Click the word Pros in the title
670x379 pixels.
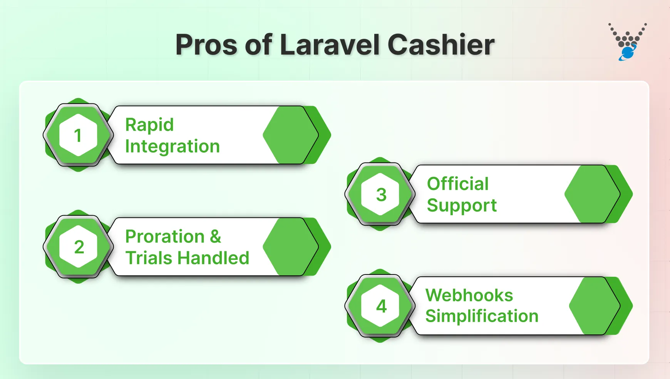tap(206, 45)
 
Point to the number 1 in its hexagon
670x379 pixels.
tap(78, 135)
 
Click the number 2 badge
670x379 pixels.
tap(79, 247)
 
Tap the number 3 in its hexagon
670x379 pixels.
tap(381, 194)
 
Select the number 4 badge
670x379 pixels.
tap(381, 306)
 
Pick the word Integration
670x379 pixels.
tap(172, 146)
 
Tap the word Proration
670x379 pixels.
tap(165, 236)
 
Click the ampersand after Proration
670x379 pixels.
tap(216, 236)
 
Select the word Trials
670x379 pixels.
tap(149, 258)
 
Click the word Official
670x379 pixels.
tap(458, 184)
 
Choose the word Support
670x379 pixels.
tap(462, 206)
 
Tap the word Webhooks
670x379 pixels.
tap(469, 296)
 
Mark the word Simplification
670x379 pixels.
tap(482, 316)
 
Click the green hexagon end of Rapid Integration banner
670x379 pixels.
tap(291, 135)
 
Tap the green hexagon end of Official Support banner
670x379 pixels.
tap(592, 194)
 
